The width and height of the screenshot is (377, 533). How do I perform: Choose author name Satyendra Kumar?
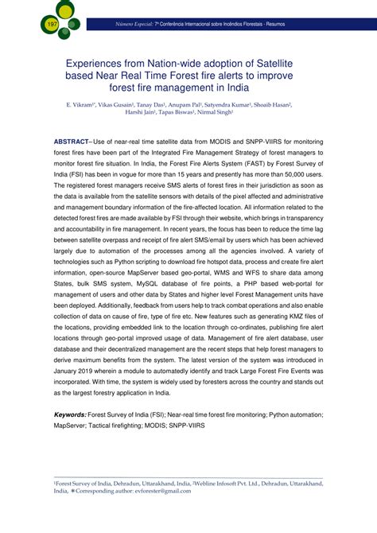[x=239, y=105]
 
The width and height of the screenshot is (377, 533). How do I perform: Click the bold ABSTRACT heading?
[x=80, y=138]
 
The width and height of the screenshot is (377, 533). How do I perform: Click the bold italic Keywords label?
[x=69, y=414]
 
